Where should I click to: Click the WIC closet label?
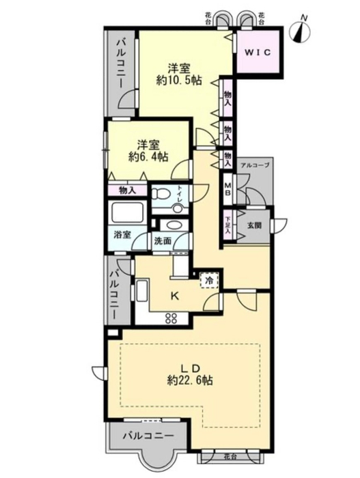pos(258,52)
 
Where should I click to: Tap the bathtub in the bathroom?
pos(128,212)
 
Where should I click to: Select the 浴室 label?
pos(122,235)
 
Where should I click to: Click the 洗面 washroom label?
pos(163,241)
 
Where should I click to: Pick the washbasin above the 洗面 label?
pos(171,225)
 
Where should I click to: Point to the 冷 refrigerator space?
pos(210,280)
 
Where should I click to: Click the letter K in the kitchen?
pos(174,296)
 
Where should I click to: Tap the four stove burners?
pos(171,319)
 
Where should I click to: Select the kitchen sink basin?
pos(142,292)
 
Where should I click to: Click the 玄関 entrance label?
pos(254,226)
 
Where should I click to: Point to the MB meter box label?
pos(228,189)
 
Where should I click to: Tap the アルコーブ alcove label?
pos(255,165)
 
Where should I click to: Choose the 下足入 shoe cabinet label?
pos(227,225)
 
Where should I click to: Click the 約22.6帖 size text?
pos(190,380)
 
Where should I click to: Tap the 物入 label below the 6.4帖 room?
pos(127,191)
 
